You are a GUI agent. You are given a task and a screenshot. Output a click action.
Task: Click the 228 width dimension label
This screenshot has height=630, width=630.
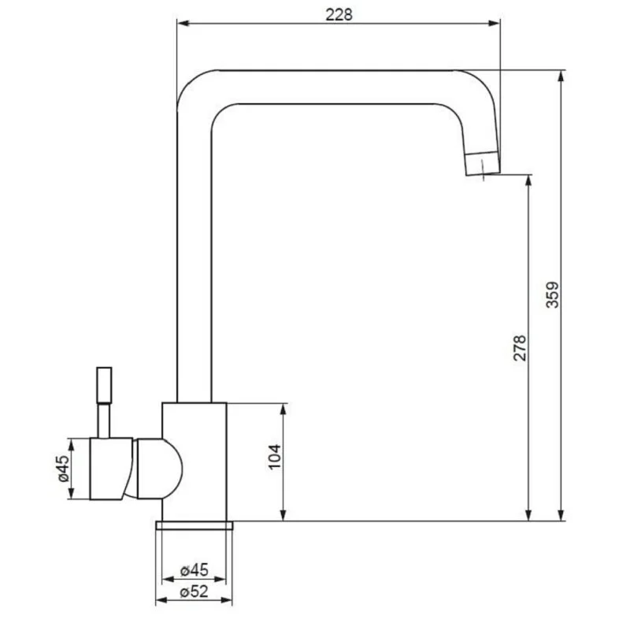(339, 15)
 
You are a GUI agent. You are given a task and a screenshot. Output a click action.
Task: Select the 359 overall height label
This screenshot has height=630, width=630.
(553, 295)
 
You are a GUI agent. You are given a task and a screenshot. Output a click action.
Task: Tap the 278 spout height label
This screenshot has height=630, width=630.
(520, 347)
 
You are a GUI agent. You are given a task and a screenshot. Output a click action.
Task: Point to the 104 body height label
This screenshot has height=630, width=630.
(275, 457)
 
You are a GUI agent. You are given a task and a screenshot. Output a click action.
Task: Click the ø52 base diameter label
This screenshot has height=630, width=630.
(194, 592)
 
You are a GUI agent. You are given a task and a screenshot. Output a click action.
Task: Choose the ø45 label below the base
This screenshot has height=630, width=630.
(194, 570)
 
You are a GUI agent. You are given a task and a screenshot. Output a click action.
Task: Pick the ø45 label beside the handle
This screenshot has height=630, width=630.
(64, 469)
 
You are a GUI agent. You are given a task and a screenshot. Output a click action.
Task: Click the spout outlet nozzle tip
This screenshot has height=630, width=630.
(483, 164)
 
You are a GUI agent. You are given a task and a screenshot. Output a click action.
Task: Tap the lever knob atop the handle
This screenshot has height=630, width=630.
(105, 385)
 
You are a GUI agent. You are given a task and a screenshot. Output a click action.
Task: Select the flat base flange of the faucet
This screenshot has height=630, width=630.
(195, 525)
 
